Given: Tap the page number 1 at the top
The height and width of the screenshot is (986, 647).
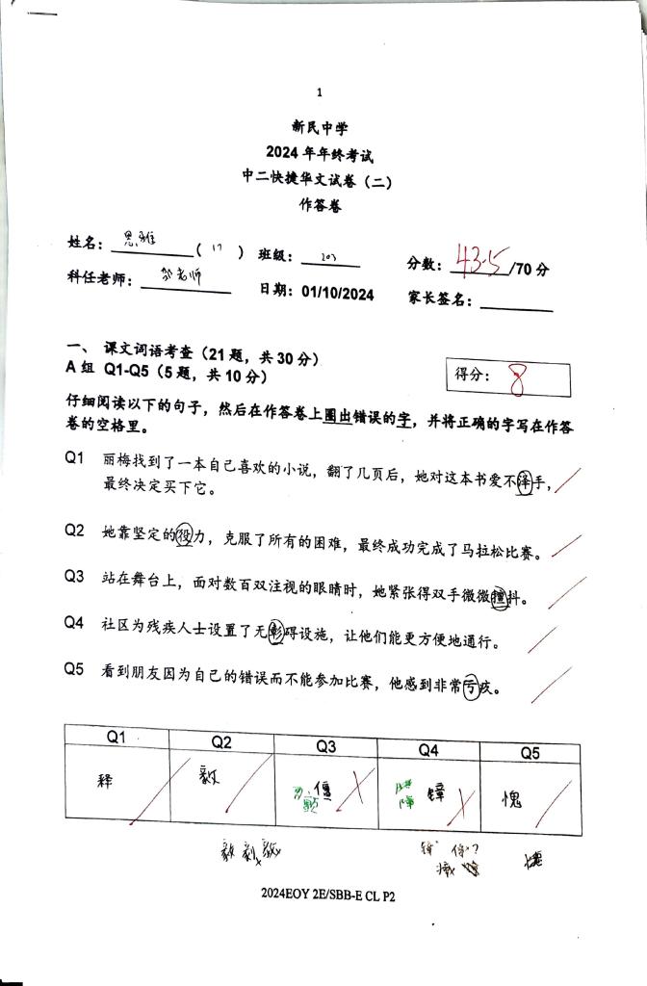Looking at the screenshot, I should click(320, 92).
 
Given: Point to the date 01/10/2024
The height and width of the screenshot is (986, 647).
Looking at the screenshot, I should click(337, 293).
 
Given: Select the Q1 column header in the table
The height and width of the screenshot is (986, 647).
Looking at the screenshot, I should click(116, 738).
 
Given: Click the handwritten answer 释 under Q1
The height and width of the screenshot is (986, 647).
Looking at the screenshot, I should click(107, 780).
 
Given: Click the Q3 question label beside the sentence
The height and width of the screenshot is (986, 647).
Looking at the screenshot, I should click(75, 576).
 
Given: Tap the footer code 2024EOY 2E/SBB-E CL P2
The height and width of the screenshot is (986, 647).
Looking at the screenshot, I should click(327, 895).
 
